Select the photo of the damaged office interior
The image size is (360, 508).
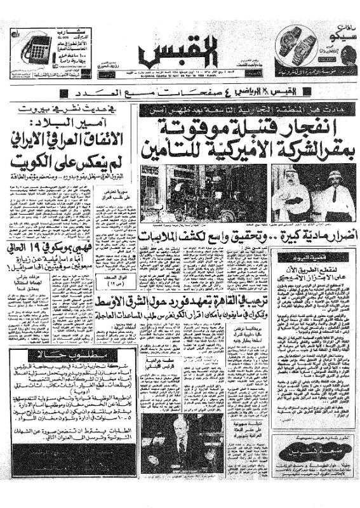pyautogui.click(x=183, y=193)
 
